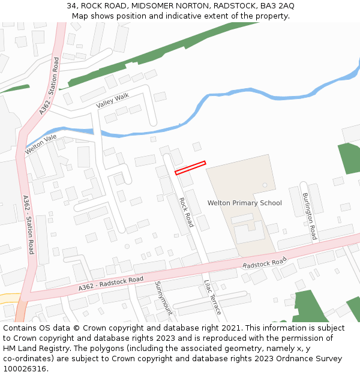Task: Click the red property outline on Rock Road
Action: click(190, 168)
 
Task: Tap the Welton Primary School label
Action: click(244, 203)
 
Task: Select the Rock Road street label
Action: click(186, 212)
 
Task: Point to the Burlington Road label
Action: click(310, 217)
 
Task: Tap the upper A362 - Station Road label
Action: click(49, 86)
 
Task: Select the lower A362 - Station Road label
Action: click(28, 224)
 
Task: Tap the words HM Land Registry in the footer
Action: click(34, 349)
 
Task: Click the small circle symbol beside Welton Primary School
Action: click(265, 185)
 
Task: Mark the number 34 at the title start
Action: click(71, 6)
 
